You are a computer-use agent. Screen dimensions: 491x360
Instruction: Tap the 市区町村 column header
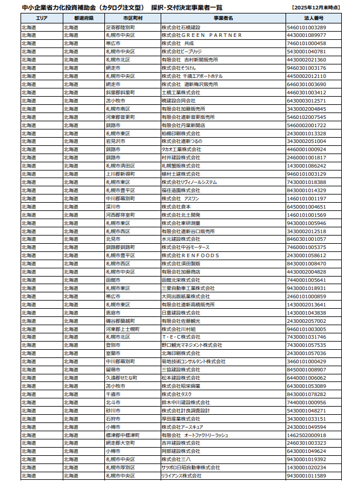tap(132, 19)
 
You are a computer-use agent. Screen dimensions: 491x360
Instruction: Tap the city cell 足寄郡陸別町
tap(120, 27)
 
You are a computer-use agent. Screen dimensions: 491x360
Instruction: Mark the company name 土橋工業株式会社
tap(181, 93)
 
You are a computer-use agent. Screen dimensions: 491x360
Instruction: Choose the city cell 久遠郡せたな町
tap(121, 378)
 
